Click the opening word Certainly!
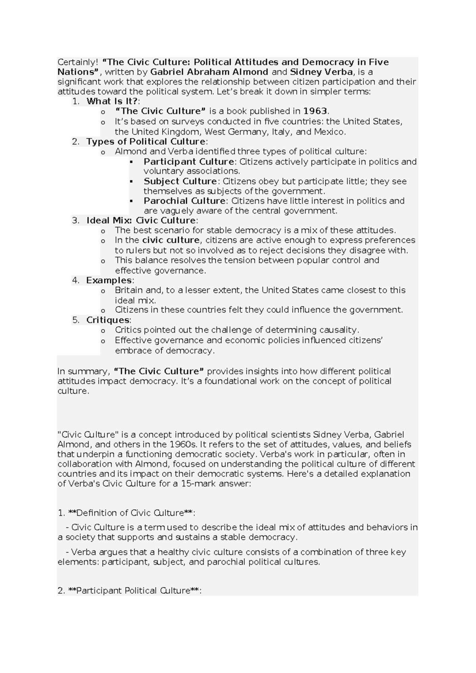point(77,62)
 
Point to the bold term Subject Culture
point(180,181)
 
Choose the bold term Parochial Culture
point(184,201)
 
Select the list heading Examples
point(109,280)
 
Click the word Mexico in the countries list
point(329,132)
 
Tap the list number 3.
point(75,221)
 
